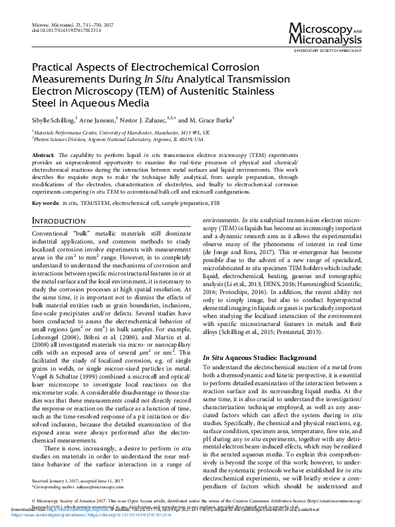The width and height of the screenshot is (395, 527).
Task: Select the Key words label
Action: coord(45,202)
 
